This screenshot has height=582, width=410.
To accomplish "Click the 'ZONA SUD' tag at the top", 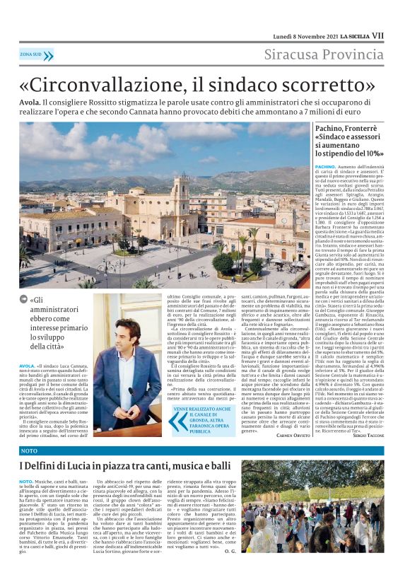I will [x=31, y=54].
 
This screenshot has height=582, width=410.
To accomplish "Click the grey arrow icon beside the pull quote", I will [x=25, y=300].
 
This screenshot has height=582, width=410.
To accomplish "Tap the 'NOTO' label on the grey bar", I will [x=29, y=450].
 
